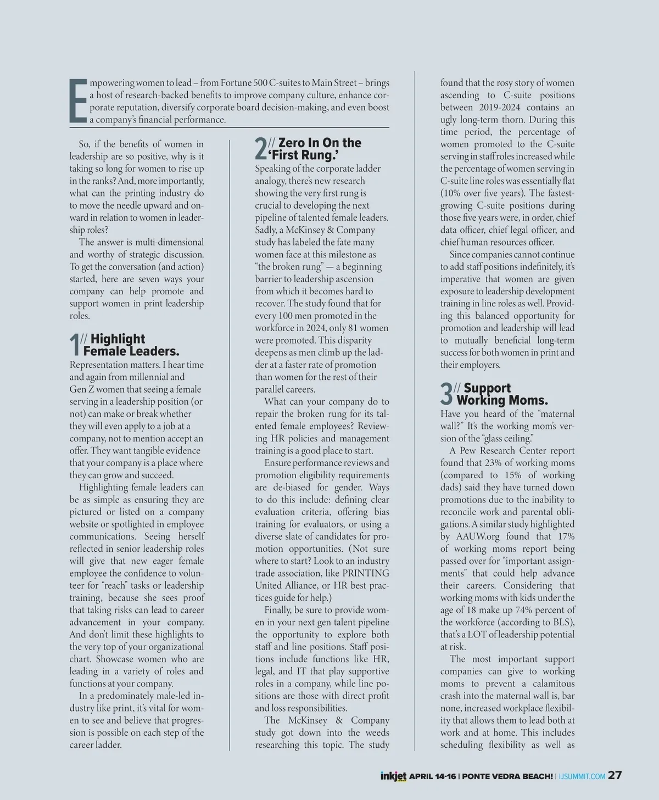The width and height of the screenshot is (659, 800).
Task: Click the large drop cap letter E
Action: (x=78, y=100)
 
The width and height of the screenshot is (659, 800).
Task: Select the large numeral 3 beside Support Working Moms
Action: (x=447, y=394)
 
